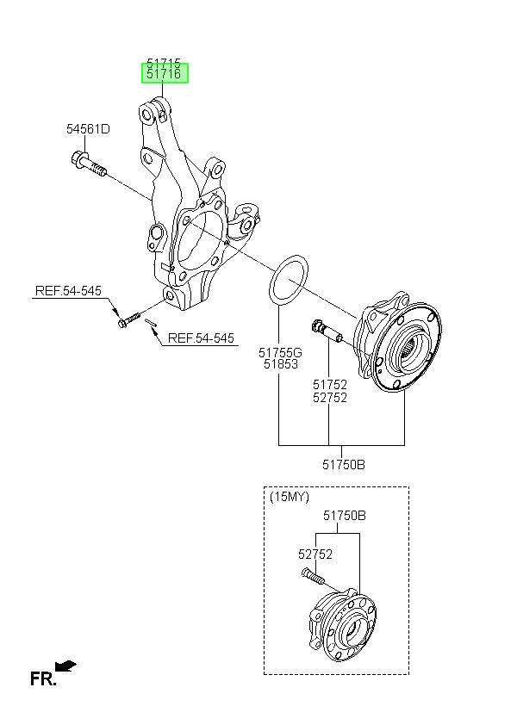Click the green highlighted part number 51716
coord(165,74)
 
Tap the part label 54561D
coord(88,129)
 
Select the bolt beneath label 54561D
coord(89,164)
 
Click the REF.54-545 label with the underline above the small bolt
coord(69,291)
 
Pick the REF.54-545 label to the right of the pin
coord(201,338)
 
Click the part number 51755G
coord(280,352)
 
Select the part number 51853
coord(280,364)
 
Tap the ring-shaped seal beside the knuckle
coord(289,279)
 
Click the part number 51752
coord(330,385)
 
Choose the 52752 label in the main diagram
coord(330,398)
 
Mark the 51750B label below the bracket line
coord(344,464)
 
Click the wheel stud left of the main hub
coord(327,331)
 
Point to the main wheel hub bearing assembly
coord(397,342)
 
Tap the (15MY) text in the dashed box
coord(290,497)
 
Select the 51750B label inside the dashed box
coord(345,515)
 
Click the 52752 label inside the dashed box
coord(315,554)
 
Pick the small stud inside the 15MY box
coord(312,576)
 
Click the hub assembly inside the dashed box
coord(343,627)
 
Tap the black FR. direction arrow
coord(65,666)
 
